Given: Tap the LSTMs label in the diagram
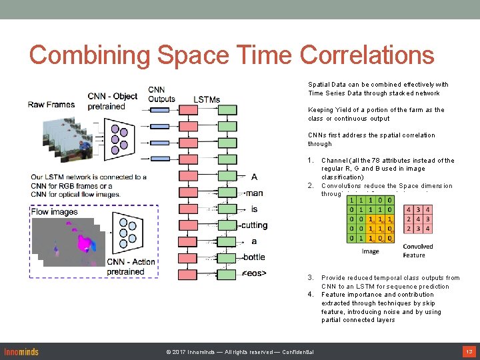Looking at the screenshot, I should point(207,100).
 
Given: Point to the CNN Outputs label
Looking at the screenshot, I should point(161,95).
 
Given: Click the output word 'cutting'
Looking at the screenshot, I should point(255,225).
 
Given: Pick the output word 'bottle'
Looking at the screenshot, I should point(254,257).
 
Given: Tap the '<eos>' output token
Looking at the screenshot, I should point(254,273).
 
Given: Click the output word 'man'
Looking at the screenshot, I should point(254,193).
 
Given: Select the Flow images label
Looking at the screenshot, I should point(55,212).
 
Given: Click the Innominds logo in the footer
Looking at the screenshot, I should point(21,351).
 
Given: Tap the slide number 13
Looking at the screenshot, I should point(468,351).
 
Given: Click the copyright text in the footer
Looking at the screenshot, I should point(240,352).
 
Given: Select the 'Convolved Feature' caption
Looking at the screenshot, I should point(418,251).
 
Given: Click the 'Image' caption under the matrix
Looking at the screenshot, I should point(370,251).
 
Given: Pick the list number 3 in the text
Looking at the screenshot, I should point(311,278).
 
